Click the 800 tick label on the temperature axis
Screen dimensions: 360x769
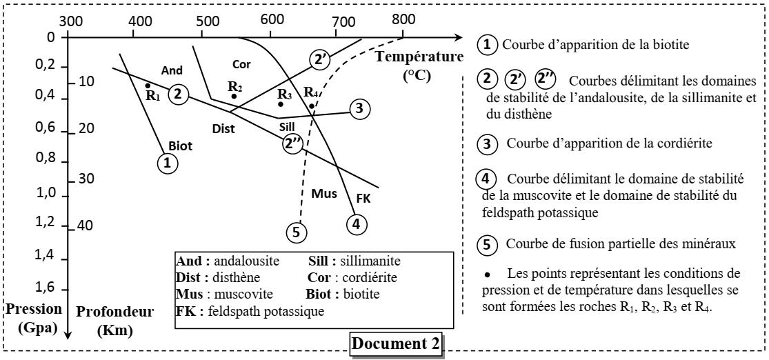(x=403, y=19)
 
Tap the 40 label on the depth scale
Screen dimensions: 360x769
(x=85, y=226)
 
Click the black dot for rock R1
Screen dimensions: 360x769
(x=148, y=86)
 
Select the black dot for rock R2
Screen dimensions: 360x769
(x=234, y=96)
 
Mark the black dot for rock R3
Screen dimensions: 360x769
(x=281, y=104)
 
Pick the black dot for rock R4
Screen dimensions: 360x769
(x=312, y=106)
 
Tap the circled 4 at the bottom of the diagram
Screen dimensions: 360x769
(x=356, y=223)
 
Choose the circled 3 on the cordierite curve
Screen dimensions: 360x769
(x=360, y=108)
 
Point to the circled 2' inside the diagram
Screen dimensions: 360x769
(x=320, y=60)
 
